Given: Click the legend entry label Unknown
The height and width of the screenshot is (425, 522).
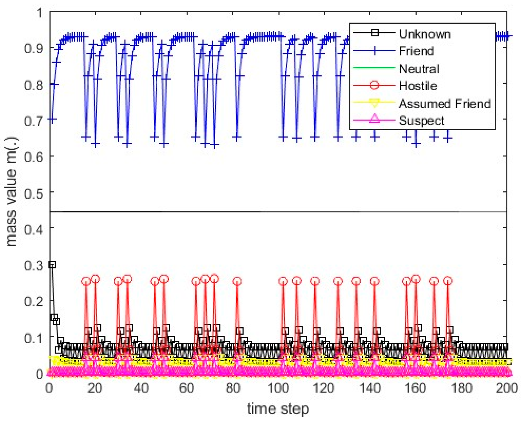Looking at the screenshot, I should tap(424, 34).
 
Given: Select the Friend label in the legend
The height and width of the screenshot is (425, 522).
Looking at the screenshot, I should tap(416, 51).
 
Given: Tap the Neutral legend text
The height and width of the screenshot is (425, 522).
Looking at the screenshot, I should tap(419, 69).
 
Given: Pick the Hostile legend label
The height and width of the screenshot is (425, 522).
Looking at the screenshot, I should tap(418, 86).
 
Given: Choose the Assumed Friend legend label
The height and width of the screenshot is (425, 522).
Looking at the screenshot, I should tap(444, 104).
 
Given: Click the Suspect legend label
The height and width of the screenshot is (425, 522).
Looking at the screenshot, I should tap(421, 121).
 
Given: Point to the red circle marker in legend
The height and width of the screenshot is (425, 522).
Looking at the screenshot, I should tap(374, 85).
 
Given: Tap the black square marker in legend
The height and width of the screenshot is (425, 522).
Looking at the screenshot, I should tap(375, 32).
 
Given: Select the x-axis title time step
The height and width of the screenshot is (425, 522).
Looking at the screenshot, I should tap(278, 409).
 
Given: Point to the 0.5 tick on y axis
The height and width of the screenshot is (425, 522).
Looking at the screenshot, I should tap(34, 193).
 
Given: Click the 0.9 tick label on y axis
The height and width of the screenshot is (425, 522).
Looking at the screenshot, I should tap(34, 48).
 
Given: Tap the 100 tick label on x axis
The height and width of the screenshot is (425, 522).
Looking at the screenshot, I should tap(278, 388).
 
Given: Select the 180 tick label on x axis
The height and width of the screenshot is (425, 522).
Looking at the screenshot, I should tap(462, 388).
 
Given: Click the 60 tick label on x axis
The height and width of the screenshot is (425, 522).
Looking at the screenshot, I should tap(187, 388).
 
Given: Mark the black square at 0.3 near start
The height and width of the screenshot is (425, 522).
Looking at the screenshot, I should tap(52, 265).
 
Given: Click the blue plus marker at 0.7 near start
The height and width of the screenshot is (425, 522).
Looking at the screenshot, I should tap(52, 119).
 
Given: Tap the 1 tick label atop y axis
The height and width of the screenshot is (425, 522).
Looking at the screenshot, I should tap(39, 13).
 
